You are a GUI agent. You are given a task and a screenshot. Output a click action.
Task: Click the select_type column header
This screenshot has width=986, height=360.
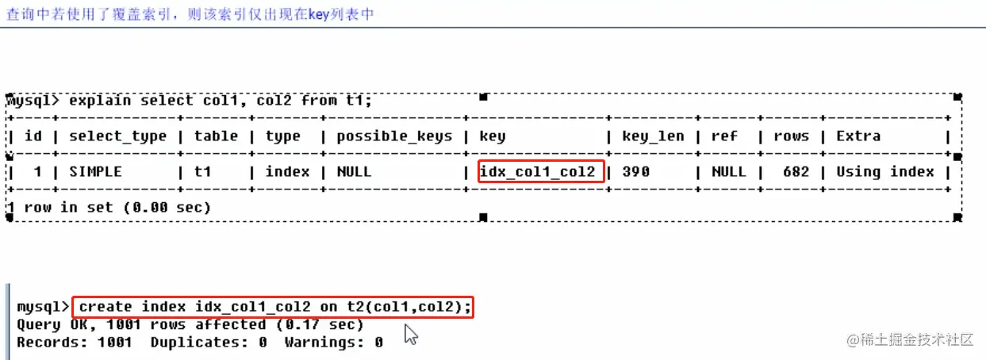tap(118, 136)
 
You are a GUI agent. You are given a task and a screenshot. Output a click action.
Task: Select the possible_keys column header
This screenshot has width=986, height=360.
tap(394, 136)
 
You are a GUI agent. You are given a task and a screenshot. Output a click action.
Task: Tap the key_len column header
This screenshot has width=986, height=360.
tap(653, 136)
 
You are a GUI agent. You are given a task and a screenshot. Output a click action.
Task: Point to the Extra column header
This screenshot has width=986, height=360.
tap(858, 136)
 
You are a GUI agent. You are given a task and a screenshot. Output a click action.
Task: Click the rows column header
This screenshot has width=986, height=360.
tap(792, 136)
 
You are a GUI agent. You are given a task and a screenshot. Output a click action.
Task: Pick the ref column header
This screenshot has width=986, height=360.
tap(724, 136)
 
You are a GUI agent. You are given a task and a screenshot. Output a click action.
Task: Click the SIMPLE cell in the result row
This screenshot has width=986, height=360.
tap(95, 171)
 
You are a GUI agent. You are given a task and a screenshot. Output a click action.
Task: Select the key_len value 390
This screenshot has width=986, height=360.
tap(635, 171)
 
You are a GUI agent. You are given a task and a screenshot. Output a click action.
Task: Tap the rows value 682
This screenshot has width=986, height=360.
tap(796, 171)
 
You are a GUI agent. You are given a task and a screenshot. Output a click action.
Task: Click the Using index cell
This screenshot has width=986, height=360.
tap(885, 171)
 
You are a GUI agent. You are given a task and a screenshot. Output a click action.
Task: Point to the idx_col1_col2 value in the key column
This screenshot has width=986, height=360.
tap(538, 171)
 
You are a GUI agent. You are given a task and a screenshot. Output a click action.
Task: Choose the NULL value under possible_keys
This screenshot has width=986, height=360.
tap(355, 171)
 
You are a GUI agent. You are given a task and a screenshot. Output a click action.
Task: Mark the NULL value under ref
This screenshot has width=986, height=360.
tap(729, 171)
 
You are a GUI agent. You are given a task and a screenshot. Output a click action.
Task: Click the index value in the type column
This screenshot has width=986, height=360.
tap(287, 171)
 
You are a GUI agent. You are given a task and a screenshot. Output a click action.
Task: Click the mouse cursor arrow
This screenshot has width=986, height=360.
tap(411, 335)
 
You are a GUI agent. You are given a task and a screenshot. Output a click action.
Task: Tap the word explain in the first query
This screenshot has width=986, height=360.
tap(100, 101)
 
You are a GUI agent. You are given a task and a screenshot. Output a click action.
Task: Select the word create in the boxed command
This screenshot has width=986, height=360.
tap(106, 307)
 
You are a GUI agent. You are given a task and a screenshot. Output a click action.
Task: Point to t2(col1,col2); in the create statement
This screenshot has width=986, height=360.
tap(409, 307)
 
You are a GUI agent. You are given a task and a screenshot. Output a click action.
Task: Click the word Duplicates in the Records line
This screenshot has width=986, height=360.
tap(199, 342)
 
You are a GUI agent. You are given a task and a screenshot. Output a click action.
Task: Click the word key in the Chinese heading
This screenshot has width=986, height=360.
tap(319, 14)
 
